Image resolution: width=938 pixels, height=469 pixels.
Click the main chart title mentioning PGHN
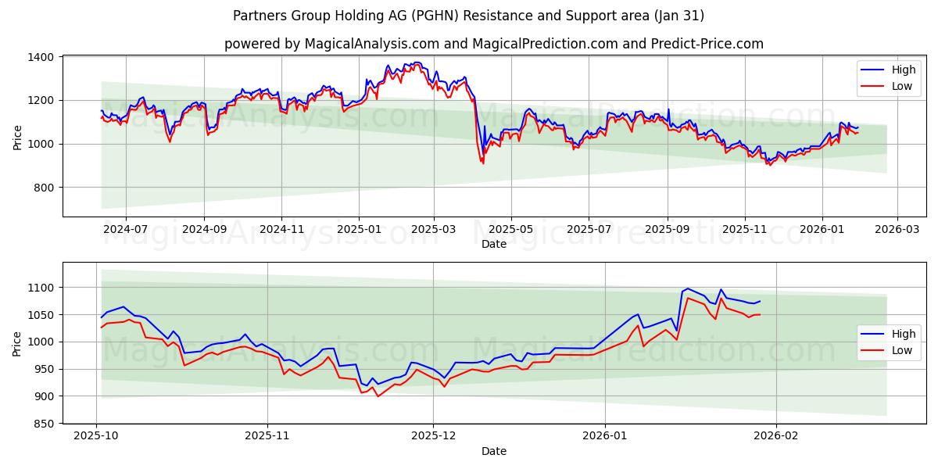(468, 16)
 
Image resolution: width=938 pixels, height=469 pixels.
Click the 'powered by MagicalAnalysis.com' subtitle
(493, 44)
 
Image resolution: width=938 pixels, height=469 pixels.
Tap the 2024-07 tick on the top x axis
(126, 229)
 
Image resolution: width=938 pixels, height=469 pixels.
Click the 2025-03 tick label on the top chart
(433, 229)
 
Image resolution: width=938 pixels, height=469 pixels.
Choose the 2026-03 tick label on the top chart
(897, 229)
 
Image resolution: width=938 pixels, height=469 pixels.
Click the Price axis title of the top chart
(17, 138)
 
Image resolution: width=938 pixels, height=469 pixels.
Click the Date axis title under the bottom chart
(493, 451)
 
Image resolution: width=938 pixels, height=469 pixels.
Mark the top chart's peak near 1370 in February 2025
(417, 63)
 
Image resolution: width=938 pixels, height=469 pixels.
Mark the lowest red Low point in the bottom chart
(378, 396)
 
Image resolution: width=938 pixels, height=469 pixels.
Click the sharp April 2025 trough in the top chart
(482, 163)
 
